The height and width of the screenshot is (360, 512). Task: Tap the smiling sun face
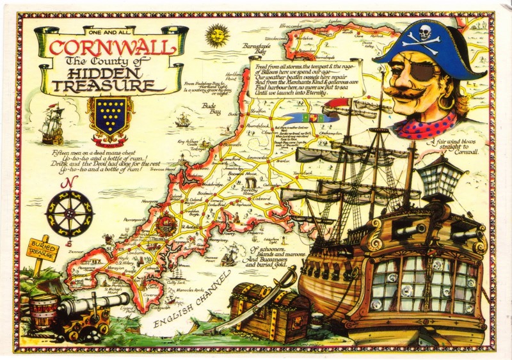(x=217, y=35)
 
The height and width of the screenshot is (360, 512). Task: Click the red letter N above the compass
(x=65, y=186)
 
